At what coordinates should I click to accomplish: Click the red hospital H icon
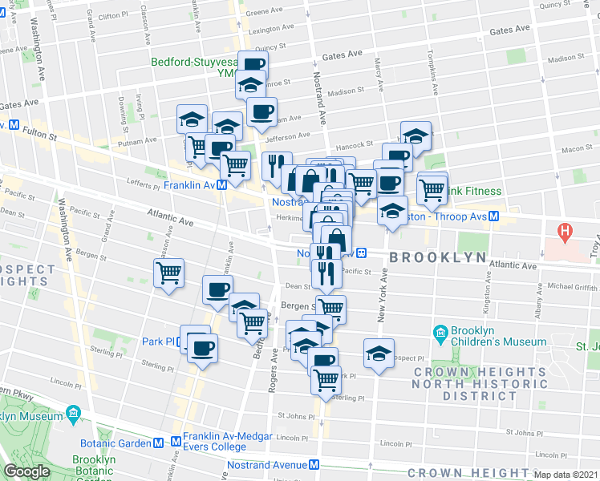(x=566, y=232)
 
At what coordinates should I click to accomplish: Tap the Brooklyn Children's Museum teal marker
(x=440, y=333)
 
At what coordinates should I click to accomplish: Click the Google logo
(x=26, y=472)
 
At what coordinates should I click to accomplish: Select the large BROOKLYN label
(x=438, y=257)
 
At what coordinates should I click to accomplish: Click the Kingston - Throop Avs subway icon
(x=495, y=216)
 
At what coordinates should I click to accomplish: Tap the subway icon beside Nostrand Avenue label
(x=314, y=465)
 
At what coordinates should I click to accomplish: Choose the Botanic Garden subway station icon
(x=160, y=443)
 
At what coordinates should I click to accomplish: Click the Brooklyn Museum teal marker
(x=73, y=414)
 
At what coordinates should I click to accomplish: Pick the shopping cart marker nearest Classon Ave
(x=169, y=273)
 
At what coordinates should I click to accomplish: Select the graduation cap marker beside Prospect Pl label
(x=379, y=352)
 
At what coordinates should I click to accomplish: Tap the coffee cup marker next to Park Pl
(x=202, y=348)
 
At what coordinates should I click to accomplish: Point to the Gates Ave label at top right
(x=510, y=30)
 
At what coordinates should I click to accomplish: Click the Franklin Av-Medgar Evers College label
(x=214, y=443)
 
